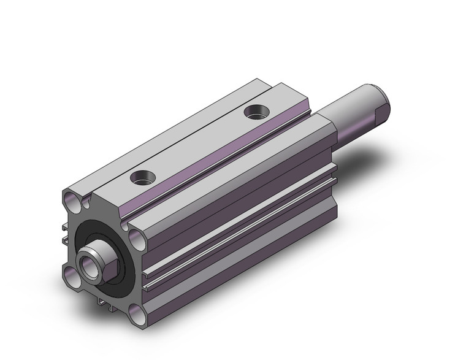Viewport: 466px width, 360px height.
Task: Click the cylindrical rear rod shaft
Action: tap(356, 110)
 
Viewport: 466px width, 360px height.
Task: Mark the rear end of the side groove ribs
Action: tap(334, 172)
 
